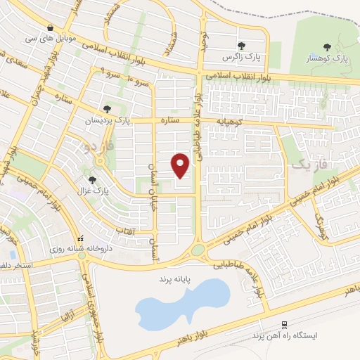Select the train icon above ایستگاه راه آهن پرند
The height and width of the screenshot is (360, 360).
[x=284, y=325]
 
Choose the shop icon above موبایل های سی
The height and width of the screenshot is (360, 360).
[x=50, y=27]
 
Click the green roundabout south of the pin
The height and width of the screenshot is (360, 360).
[x=198, y=249]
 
